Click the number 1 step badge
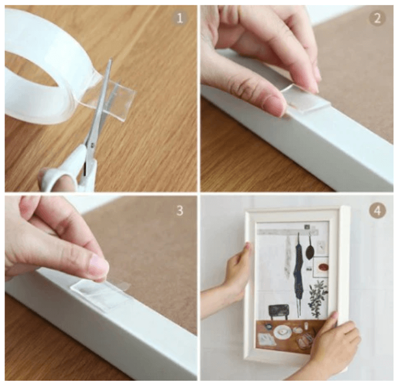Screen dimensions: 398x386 tap(180, 18)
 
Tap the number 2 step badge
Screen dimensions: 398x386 tap(377, 18)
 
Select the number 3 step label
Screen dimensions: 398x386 tap(180, 211)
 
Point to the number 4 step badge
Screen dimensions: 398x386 tap(377, 211)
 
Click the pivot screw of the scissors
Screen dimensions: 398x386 tap(91, 145)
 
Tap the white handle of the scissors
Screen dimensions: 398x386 tap(67, 173)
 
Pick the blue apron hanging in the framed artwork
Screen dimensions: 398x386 tap(298, 272)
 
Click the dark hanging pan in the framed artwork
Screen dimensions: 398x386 tap(310, 250)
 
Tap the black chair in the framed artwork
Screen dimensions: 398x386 tap(279, 312)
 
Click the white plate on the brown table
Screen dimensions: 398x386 tap(282, 332)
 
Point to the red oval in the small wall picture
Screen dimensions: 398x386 tap(324, 267)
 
